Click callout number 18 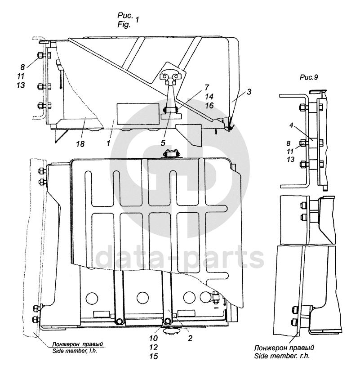(x=81, y=144)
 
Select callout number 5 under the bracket (x=163, y=143)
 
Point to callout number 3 (x=249, y=92)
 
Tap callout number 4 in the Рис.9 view (x=291, y=125)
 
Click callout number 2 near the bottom (x=190, y=338)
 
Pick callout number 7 (x=207, y=87)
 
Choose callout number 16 (x=209, y=106)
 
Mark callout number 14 (x=209, y=96)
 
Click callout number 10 (x=153, y=338)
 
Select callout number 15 (x=153, y=357)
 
